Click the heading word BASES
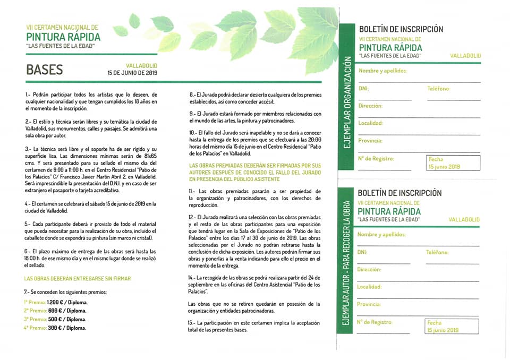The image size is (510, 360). click(45, 70)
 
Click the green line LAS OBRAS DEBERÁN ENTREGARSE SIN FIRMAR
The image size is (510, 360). click(78, 278)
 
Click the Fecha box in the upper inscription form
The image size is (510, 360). click(452, 162)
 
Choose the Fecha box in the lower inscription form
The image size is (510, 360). click(452, 326)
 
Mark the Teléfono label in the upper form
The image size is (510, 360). click(438, 89)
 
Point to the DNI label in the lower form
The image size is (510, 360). click(362, 253)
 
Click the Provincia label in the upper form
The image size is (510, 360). click(370, 140)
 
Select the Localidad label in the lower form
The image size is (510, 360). click(370, 287)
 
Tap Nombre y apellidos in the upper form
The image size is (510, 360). click(382, 71)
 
